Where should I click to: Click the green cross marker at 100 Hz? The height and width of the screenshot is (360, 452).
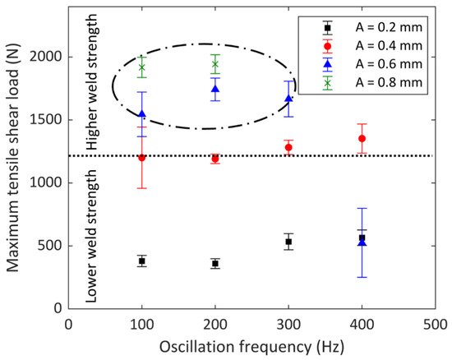[x=142, y=67]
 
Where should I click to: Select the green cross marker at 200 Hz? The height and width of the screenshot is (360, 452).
[x=215, y=64]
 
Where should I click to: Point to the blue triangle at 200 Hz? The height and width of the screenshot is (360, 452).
[x=215, y=89]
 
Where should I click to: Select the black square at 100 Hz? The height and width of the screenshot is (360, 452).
[x=142, y=261]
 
